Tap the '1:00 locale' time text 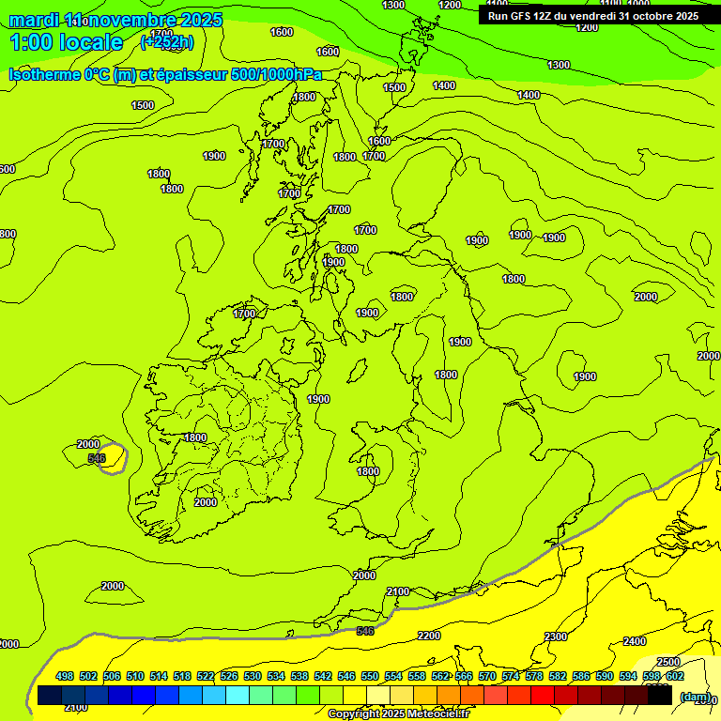point(66,42)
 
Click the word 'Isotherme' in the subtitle point(46,74)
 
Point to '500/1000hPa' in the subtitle point(282,74)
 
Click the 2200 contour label point(429,636)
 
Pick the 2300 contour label point(556,637)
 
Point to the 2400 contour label point(635,641)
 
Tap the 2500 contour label point(667,662)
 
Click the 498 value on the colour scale point(65,677)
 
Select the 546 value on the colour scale point(346,677)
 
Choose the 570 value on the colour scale point(487,677)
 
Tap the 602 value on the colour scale point(675,677)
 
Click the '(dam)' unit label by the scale point(695,696)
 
